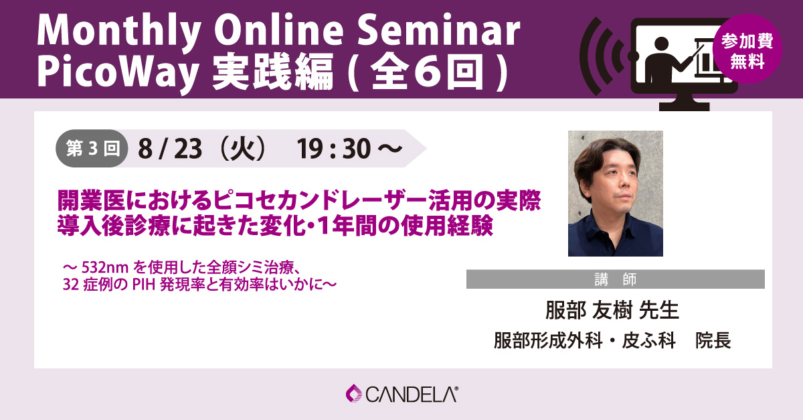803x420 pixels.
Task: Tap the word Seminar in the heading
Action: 438,29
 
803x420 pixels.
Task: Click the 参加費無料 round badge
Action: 747,49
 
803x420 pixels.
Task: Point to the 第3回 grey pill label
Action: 92,148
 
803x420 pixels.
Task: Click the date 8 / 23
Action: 170,149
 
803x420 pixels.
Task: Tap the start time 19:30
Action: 333,149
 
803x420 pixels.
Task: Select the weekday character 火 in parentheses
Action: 244,149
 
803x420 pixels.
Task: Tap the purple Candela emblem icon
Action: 354,393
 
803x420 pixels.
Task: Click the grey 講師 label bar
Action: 615,279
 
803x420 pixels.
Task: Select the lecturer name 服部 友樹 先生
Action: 612,311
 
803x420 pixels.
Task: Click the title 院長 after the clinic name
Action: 713,340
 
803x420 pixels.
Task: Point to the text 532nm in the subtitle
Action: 105,267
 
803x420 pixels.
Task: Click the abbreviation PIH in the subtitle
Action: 144,285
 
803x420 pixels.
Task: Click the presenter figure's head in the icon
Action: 660,44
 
